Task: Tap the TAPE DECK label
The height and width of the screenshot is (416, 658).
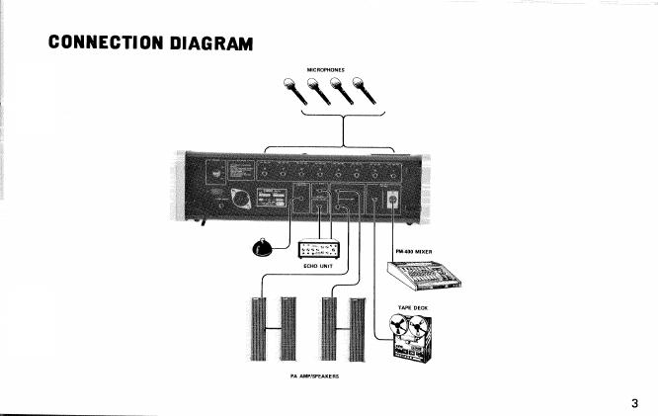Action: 412,309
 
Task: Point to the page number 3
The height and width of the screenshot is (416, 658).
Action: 635,403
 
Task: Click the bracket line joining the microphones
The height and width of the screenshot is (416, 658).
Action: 343,116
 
